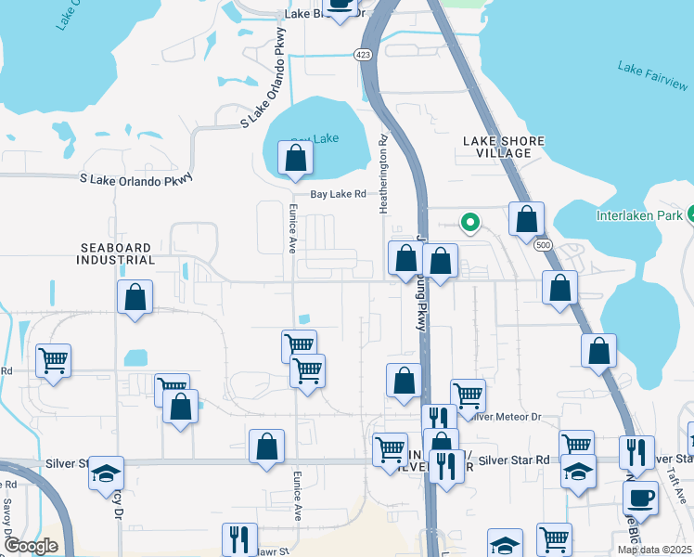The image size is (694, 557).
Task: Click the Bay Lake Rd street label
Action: (x=339, y=195)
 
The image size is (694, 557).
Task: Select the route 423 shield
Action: (x=364, y=56)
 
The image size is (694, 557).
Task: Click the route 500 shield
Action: (x=541, y=244)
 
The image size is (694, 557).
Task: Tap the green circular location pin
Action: (x=470, y=222)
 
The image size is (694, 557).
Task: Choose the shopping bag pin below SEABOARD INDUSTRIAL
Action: (x=135, y=298)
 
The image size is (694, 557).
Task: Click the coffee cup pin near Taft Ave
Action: (x=640, y=498)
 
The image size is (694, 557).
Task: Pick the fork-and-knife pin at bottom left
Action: (x=239, y=538)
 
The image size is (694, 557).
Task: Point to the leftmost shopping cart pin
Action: (x=54, y=360)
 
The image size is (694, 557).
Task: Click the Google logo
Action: (x=32, y=546)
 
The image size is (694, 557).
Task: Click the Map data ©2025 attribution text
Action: (x=653, y=550)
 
